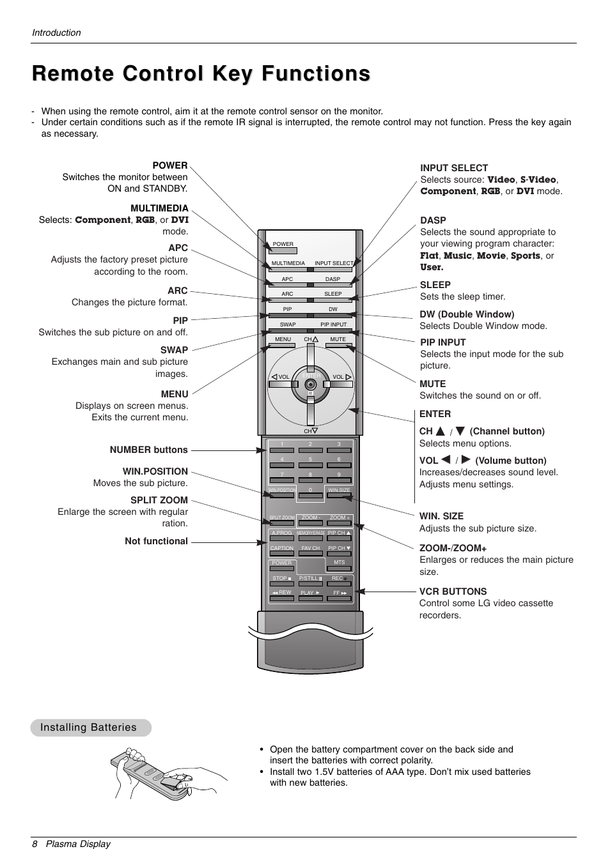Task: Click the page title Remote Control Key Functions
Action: point(201,74)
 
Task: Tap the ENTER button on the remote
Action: point(311,377)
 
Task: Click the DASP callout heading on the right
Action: point(433,220)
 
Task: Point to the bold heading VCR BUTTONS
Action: point(453,592)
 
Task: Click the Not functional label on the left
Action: point(156,541)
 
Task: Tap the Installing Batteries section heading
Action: point(88,728)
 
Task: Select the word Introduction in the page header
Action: point(56,33)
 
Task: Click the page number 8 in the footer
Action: point(35,844)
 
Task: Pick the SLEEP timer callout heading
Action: point(435,285)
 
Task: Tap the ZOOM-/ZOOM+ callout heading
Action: point(453,548)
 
